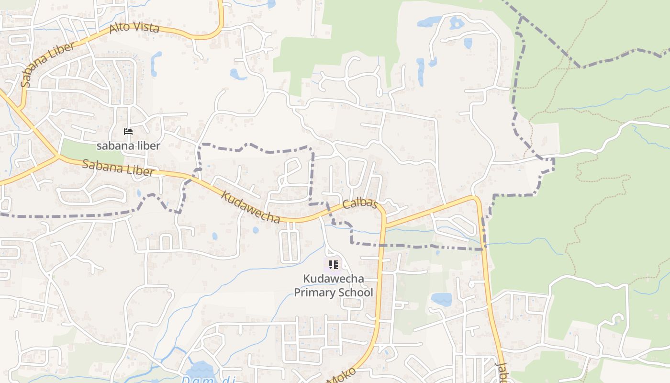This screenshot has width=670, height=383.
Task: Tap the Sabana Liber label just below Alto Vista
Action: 48,64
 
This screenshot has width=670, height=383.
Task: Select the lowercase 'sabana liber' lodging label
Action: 128,146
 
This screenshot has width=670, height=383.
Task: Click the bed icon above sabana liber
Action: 128,132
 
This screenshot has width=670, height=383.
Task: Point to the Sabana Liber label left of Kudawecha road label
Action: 118,168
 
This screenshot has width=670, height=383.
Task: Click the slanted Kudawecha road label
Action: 250,207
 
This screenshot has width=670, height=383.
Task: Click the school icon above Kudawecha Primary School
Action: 334,265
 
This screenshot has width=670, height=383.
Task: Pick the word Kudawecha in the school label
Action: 334,279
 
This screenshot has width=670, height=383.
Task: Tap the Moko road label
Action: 342,375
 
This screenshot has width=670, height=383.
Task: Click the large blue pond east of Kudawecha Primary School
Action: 441,300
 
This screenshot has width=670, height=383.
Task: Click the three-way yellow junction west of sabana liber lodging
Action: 57,156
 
